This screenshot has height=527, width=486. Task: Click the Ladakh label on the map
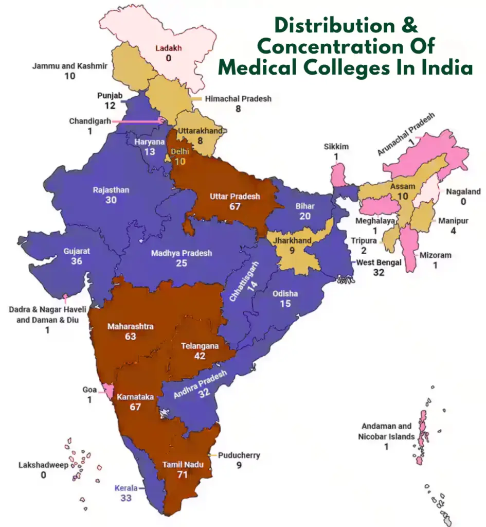point(169,48)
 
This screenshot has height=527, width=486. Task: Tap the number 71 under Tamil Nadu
point(182,475)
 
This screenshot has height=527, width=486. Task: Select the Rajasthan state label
point(111,190)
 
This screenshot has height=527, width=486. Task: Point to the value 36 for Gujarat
point(77,261)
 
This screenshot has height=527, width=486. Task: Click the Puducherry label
point(239,455)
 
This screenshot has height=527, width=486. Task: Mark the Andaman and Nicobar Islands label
point(386,431)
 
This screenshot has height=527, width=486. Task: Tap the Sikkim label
point(336,147)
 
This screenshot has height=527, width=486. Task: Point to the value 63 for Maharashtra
point(130,337)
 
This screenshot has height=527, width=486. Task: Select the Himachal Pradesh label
point(238,98)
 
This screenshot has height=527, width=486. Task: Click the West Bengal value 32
point(379,272)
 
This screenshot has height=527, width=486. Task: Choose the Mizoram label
point(435,255)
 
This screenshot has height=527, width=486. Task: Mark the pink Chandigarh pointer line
point(136,121)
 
